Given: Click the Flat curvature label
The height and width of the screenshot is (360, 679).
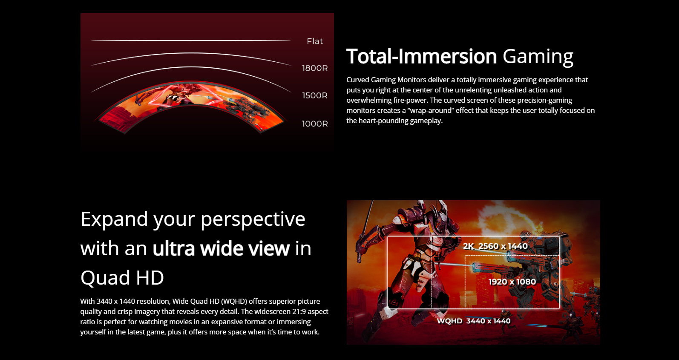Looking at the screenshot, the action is (x=315, y=41).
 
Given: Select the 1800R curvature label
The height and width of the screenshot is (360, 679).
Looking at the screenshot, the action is (x=315, y=68).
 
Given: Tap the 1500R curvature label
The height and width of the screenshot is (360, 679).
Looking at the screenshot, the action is (x=315, y=95).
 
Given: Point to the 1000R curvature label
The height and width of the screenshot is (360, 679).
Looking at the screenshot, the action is (x=315, y=124).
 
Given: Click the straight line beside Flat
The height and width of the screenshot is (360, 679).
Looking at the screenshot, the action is (x=191, y=40).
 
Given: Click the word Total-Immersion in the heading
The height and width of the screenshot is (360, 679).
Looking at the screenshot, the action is (x=422, y=56).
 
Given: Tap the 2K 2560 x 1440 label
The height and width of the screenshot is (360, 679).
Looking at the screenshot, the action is (x=495, y=246).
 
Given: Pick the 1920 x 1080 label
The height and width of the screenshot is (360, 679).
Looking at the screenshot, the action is (x=512, y=282).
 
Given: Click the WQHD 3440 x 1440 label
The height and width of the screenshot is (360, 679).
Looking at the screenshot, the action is (x=474, y=321).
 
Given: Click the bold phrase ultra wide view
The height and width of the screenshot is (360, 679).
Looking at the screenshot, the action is (x=221, y=248).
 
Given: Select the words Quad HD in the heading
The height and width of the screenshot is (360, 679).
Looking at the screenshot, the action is (x=122, y=277).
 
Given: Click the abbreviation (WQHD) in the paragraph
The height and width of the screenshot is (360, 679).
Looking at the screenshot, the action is (x=234, y=301).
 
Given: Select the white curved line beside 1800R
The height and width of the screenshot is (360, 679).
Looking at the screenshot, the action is (x=191, y=54).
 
